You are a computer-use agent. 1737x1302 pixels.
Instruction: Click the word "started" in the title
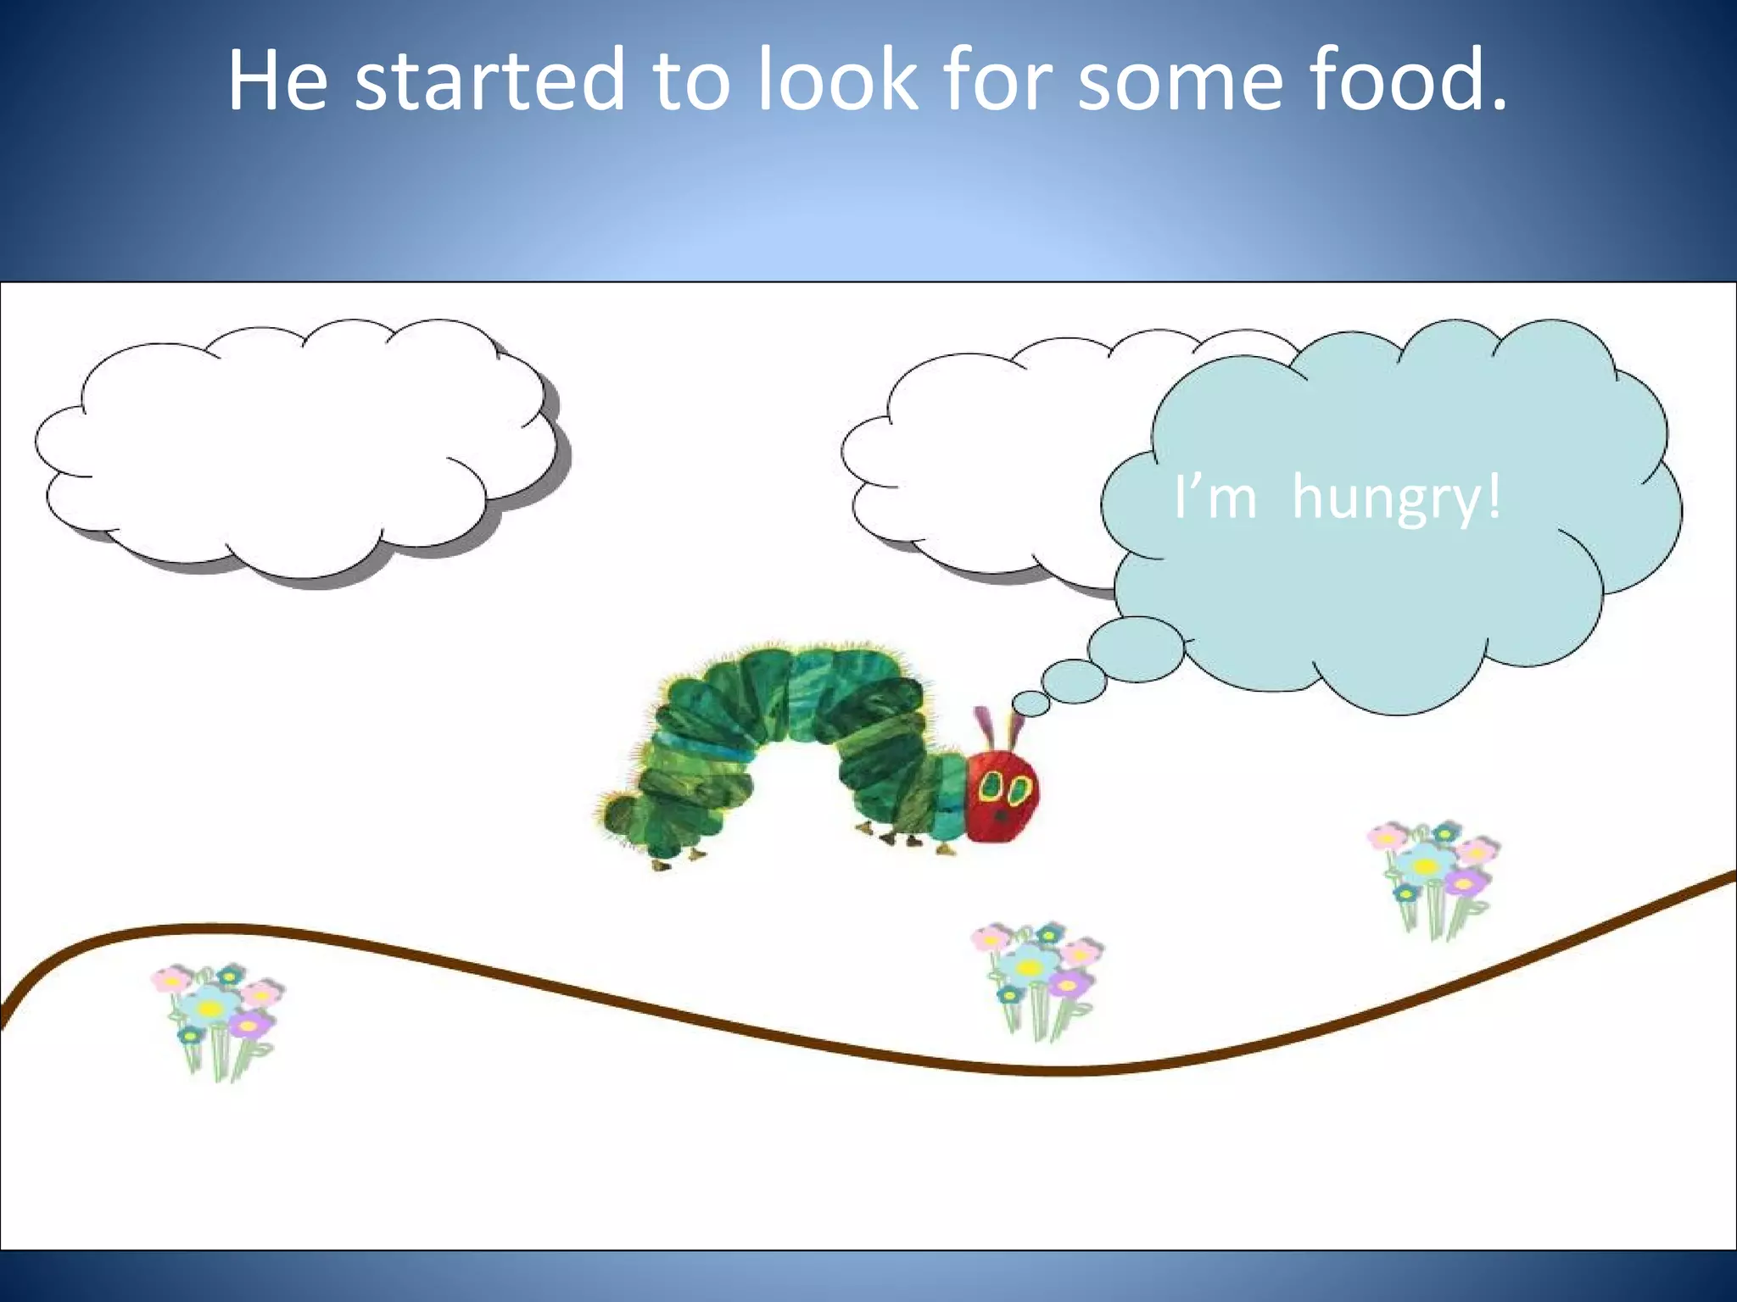489,81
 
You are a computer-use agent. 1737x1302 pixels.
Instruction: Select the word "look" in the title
837,81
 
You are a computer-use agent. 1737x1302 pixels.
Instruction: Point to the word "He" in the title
277,81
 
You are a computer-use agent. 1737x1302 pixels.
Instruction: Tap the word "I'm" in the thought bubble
1215,498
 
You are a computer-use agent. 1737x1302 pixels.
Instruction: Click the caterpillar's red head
1003,797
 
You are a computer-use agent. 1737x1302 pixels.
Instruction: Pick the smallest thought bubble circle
1030,703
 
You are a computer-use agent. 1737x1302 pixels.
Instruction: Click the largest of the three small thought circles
1135,649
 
